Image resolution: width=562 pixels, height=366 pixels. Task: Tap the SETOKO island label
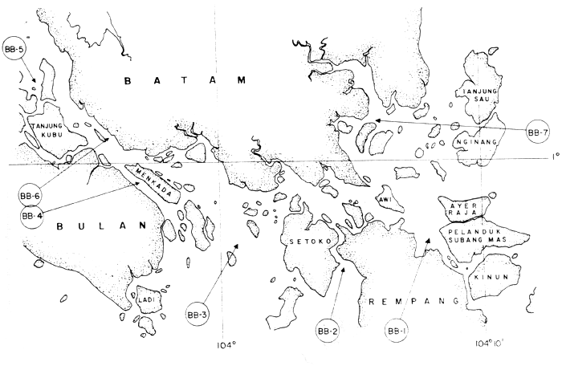(x=301, y=240)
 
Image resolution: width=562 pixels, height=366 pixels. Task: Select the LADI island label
(x=146, y=300)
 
